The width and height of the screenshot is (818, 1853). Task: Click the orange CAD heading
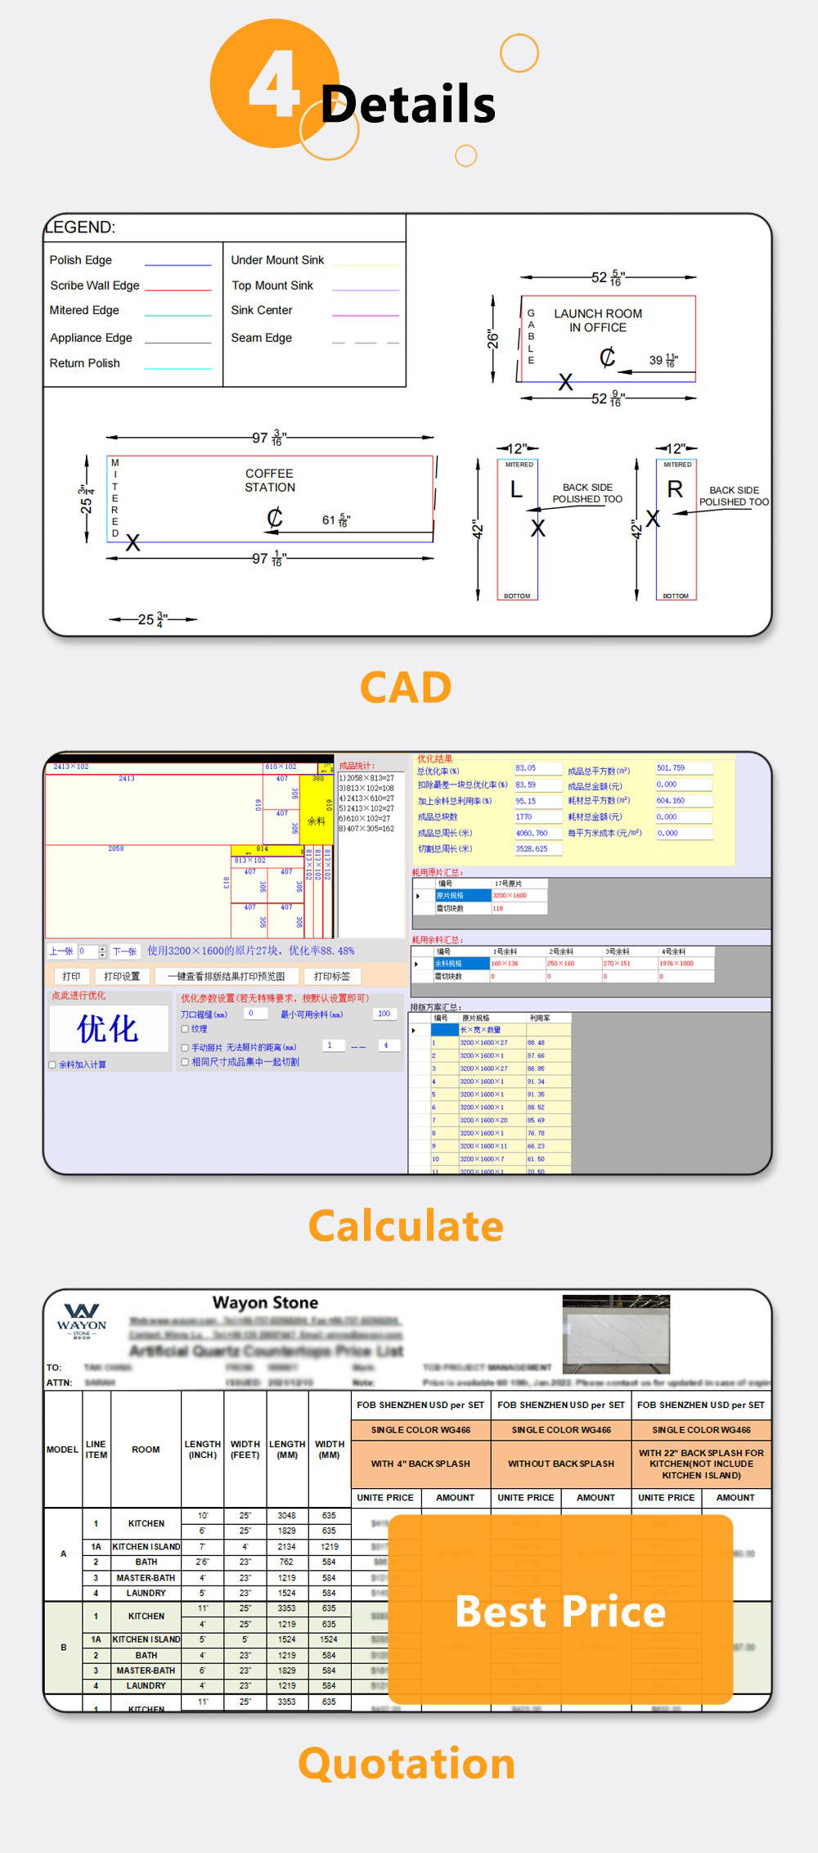tap(406, 687)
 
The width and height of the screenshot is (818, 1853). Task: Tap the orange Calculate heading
tap(406, 1226)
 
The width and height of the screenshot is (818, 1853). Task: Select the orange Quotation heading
tap(407, 1763)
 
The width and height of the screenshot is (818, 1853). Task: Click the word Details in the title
tap(408, 104)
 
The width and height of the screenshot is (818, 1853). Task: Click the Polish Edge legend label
tap(80, 260)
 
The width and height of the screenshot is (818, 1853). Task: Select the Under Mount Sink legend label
tap(277, 260)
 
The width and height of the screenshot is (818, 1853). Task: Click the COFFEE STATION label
tap(270, 480)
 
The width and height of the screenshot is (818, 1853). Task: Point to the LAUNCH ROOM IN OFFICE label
tap(598, 320)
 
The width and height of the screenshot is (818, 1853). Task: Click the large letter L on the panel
tap(516, 490)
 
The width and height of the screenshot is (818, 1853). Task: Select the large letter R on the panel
tap(675, 489)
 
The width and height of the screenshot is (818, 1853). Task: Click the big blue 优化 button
tap(107, 1028)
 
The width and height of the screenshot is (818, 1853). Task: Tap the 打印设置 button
tap(122, 976)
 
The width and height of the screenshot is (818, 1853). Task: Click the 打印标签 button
tap(331, 976)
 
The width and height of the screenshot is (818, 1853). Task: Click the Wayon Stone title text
tap(265, 1302)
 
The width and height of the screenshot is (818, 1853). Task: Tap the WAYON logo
tap(82, 1318)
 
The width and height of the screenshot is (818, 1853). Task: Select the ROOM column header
tap(146, 1449)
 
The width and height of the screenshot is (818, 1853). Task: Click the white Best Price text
tap(560, 1611)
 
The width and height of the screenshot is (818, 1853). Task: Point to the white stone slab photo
tap(616, 1334)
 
